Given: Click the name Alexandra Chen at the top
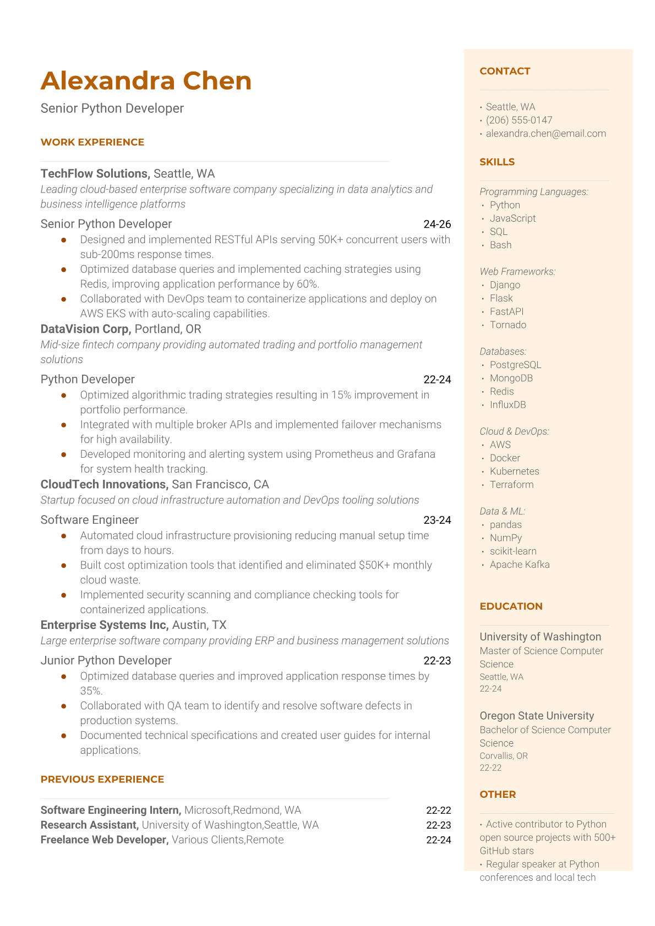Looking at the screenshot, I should click(146, 81).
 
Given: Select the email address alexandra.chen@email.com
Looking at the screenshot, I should click(545, 133).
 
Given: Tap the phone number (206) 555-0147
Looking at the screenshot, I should click(518, 120).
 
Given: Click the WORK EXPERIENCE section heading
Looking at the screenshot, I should click(92, 142).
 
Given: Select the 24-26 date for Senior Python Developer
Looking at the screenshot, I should click(437, 224).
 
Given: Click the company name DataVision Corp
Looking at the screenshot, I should click(85, 329).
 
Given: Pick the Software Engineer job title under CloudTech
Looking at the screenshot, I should click(89, 520).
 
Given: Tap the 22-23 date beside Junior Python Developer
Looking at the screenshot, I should click(437, 660).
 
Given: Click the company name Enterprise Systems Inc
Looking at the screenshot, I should click(104, 625).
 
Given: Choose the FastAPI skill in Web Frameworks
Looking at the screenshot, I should click(506, 311).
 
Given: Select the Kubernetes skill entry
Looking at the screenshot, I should click(514, 471).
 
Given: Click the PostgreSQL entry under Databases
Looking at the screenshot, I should click(515, 365).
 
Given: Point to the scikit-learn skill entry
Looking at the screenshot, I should click(513, 551).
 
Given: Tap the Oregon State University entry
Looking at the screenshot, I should click(537, 716).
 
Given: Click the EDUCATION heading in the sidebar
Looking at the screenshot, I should click(511, 606).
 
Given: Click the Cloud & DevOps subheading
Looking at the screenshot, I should click(514, 431).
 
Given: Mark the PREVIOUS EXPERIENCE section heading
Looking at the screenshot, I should click(102, 779).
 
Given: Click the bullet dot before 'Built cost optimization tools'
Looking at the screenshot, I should click(64, 565).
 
